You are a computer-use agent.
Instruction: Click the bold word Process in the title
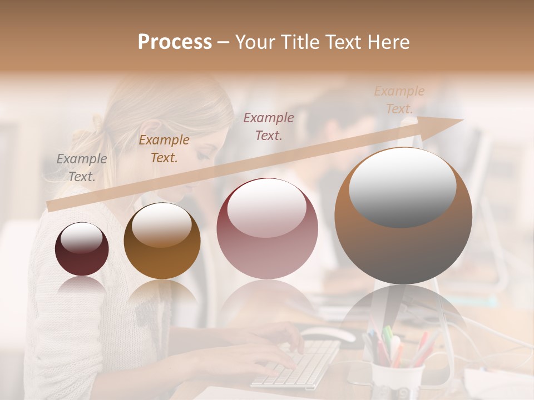click(175, 42)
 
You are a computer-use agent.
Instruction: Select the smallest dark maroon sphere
click(82, 249)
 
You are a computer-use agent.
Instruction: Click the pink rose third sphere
click(267, 228)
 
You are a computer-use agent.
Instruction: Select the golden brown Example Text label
click(164, 149)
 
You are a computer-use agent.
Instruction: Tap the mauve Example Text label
click(269, 127)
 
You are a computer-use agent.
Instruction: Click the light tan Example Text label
click(399, 100)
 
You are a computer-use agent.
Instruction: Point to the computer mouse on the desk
click(329, 334)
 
